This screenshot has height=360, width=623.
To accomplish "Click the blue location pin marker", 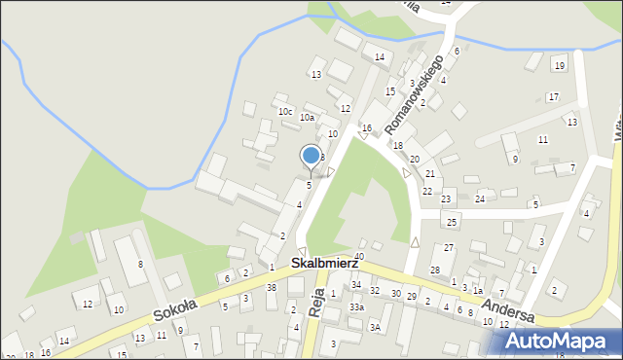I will [311, 156].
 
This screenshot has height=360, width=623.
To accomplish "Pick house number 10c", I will [285, 112].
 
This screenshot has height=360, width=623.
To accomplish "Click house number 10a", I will [307, 118].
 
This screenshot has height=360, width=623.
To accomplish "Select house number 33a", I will [357, 307].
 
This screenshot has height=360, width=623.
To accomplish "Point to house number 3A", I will [374, 328].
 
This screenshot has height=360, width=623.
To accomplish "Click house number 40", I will [359, 257].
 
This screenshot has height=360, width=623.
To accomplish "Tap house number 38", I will [272, 288].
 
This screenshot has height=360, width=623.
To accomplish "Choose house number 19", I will [559, 65].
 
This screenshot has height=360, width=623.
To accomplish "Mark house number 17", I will [553, 96].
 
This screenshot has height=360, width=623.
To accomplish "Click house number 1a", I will [478, 291].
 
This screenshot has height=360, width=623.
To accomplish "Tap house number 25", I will [451, 223].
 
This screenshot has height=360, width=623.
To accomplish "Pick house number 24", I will [480, 199].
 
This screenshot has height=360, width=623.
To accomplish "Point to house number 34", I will [356, 285].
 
